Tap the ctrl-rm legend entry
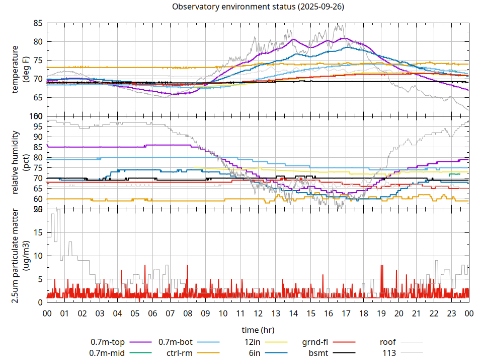180,353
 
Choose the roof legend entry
388,342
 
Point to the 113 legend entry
389,353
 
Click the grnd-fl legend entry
315,342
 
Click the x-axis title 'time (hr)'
258,330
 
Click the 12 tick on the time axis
258,313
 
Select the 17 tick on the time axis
346,313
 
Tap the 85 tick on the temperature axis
38,23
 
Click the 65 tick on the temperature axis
38,98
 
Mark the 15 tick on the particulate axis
38,232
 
